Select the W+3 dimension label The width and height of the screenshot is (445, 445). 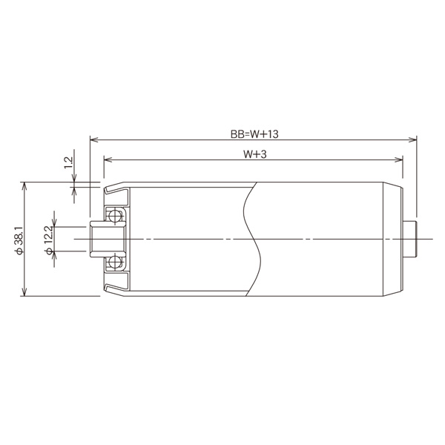tap(254, 155)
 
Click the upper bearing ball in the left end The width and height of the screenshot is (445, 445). tap(115, 216)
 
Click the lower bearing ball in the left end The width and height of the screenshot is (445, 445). tap(115, 262)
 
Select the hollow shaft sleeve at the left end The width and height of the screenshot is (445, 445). tap(99, 239)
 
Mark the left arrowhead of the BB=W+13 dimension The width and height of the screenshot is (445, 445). tap(93, 139)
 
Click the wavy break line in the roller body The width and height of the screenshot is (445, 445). tap(253, 239)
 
